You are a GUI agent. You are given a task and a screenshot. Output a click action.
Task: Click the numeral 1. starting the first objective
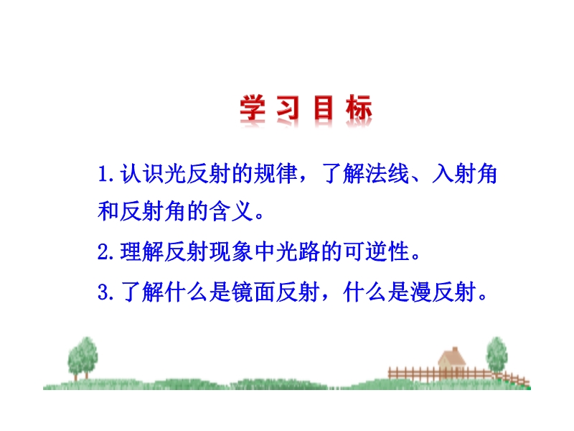click(x=106, y=174)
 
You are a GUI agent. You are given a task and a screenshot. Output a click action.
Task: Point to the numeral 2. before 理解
click(x=106, y=252)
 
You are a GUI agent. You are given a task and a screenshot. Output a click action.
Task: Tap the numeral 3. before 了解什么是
click(x=106, y=292)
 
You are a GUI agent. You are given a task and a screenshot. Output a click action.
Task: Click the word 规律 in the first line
click(x=277, y=174)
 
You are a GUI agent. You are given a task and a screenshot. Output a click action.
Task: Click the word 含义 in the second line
click(x=231, y=211)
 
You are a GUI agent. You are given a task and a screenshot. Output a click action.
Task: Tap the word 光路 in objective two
click(x=298, y=252)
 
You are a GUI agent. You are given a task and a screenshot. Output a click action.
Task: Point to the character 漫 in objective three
click(x=420, y=292)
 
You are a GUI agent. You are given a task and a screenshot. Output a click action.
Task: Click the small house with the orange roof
click(x=453, y=359)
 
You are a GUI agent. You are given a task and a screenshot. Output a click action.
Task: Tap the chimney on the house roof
click(x=455, y=349)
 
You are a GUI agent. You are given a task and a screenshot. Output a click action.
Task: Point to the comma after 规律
click(x=303, y=180)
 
